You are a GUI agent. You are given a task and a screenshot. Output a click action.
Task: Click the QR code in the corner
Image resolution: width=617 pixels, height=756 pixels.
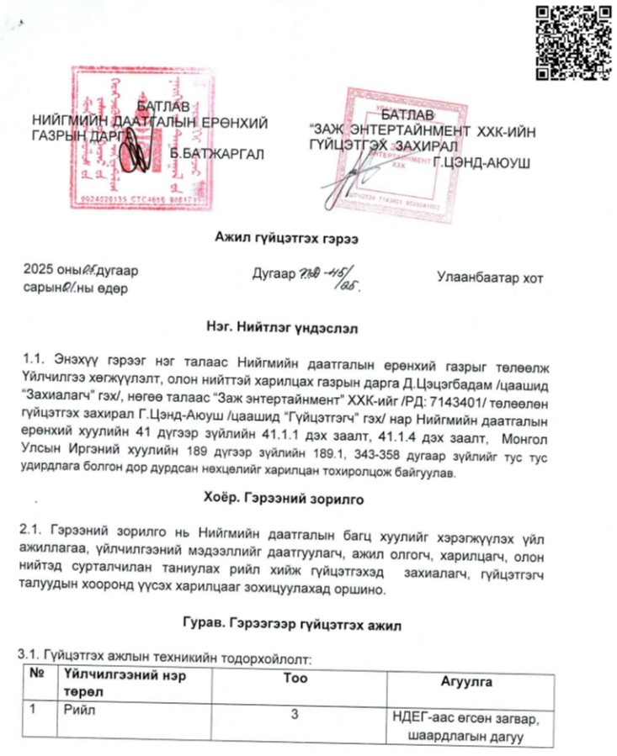(573, 42)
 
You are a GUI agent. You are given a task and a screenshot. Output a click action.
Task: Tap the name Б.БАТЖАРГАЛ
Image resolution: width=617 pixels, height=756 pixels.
(217, 154)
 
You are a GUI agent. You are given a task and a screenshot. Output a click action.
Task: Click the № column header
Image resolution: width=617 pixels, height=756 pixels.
(37, 674)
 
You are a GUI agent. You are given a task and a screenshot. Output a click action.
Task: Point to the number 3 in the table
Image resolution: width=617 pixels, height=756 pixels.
(294, 715)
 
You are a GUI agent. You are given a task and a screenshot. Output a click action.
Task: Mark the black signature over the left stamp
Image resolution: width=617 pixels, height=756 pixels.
(136, 156)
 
